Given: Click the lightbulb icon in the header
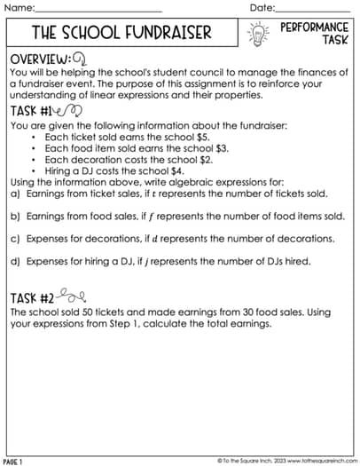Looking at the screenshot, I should coord(258,34).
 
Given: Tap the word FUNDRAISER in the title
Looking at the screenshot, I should coord(166,34).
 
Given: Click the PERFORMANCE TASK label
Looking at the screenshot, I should coord(314,34).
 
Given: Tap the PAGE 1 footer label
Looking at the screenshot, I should coord(14,462).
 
